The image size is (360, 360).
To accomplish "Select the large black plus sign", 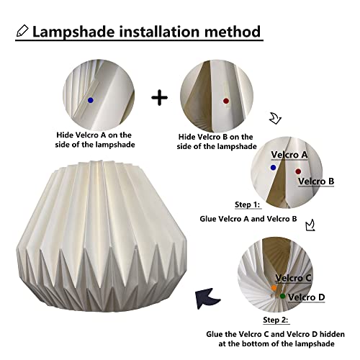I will tap(161, 97).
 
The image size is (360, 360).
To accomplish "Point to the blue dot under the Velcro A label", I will tap(273, 167).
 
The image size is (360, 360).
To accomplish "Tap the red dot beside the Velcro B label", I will tap(297, 171).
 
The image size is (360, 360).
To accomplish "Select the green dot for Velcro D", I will tap(283, 296).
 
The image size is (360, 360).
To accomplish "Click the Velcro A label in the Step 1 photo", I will tap(289, 154).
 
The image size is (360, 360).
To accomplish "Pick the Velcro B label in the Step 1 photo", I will tap(315, 181).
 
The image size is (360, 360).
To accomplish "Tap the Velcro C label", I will tap(294, 277).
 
